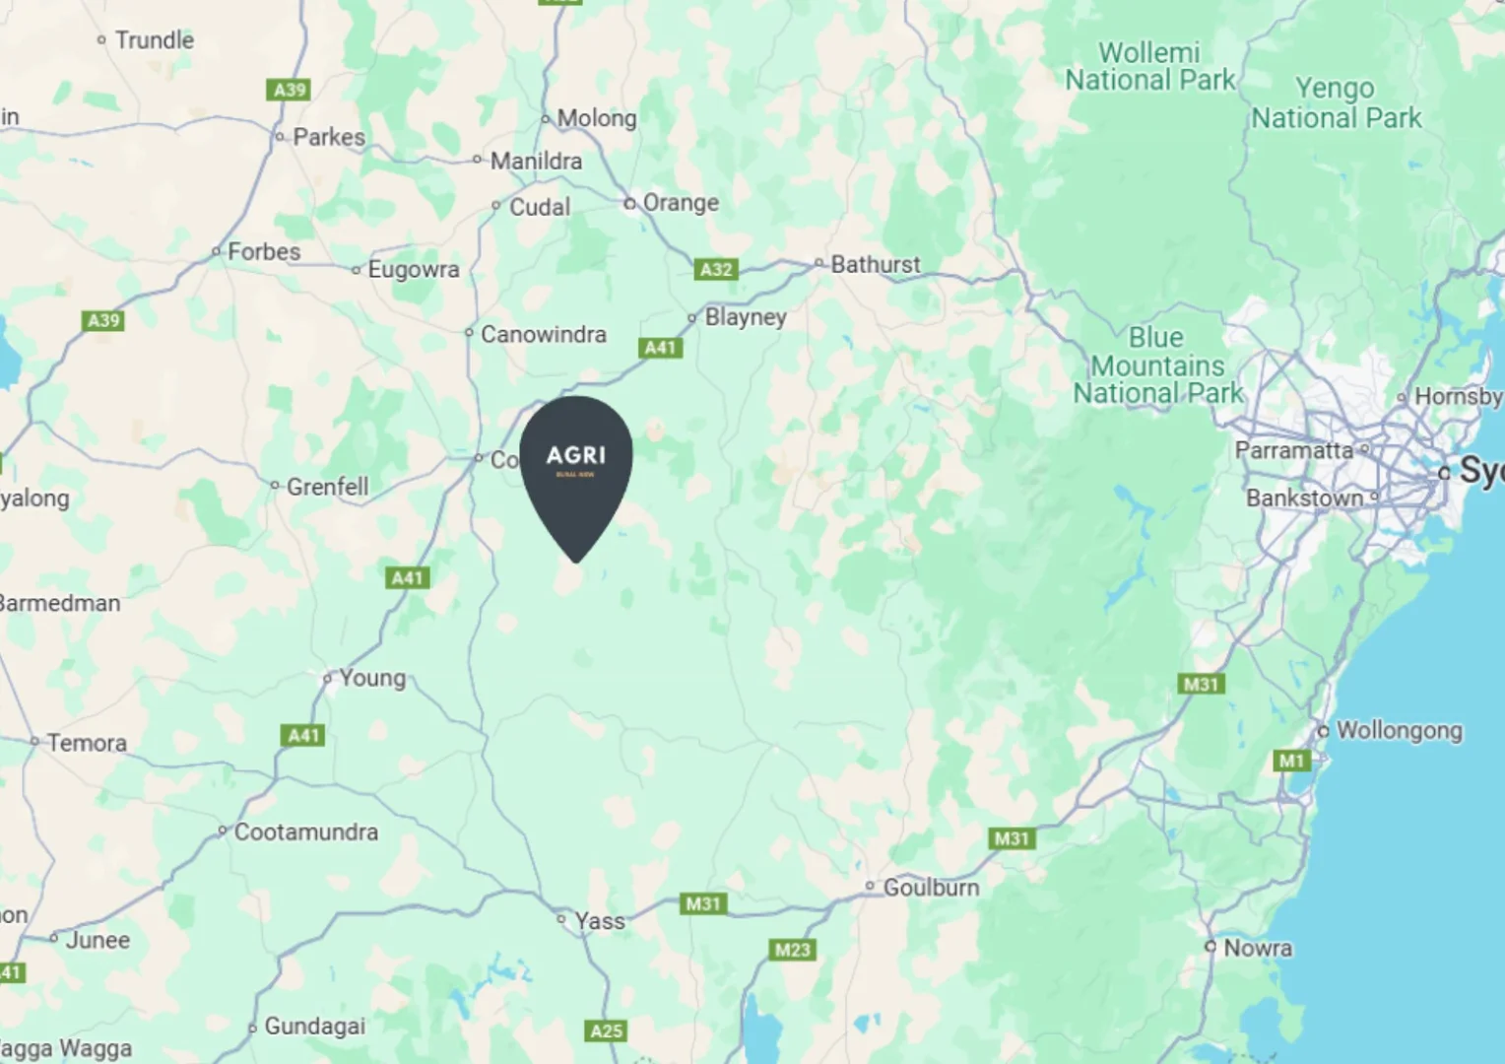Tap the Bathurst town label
point(875,264)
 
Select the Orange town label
point(680,203)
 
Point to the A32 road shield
point(716,269)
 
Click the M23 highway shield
point(792,950)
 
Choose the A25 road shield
point(606,1031)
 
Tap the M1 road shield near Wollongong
point(1291,761)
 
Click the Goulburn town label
point(931,888)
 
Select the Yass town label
point(599,921)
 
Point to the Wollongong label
point(1399,731)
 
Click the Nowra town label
point(1257,948)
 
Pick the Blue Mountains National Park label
point(1157,366)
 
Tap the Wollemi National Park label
point(1149,66)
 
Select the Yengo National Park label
point(1336,102)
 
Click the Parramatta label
point(1293,450)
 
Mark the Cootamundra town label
point(305,831)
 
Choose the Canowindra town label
point(543,334)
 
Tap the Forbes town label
point(263,252)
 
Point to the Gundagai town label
point(314,1027)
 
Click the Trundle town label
point(154,40)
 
